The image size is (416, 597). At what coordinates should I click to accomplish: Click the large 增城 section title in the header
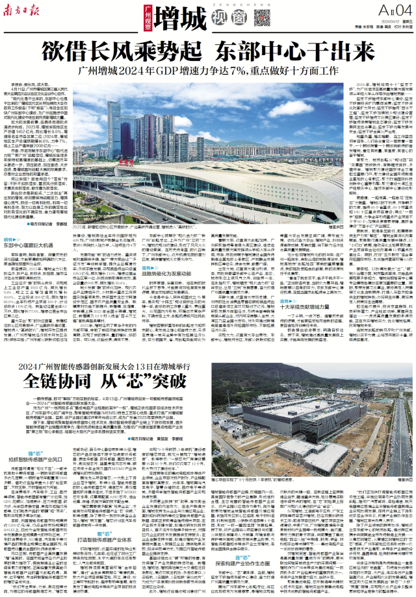(x=177, y=15)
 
